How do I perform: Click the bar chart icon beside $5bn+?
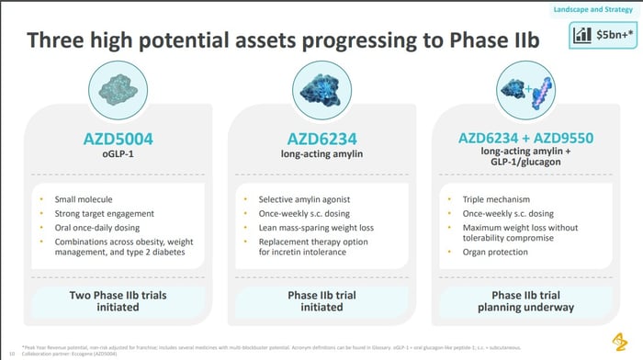pyautogui.click(x=582, y=36)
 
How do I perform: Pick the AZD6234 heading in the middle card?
pyautogui.click(x=321, y=140)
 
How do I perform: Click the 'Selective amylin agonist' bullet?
pyautogui.click(x=302, y=198)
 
